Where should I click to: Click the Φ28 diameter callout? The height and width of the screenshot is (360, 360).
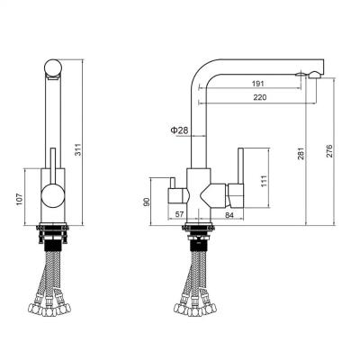click(180, 131)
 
